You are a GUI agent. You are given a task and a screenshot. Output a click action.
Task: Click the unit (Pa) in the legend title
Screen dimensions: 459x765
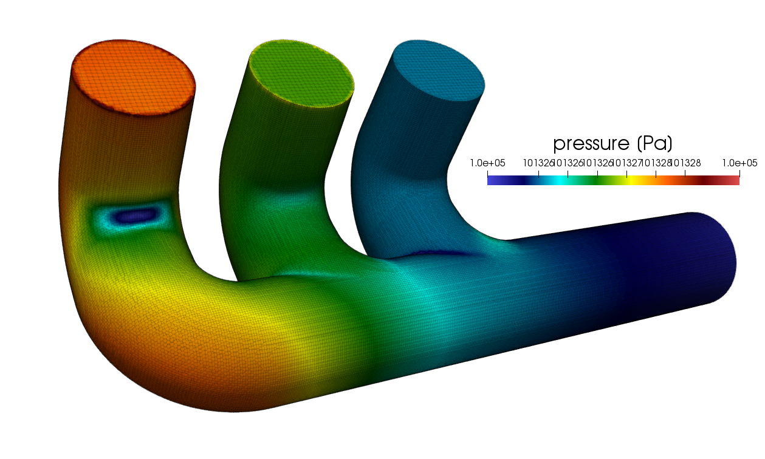pos(654,144)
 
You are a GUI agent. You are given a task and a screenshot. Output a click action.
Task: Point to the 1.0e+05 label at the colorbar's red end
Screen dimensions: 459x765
pos(739,163)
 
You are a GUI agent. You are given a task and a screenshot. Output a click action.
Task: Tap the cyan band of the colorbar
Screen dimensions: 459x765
pos(562,178)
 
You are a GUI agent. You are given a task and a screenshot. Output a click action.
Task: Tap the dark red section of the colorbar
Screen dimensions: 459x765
pos(705,178)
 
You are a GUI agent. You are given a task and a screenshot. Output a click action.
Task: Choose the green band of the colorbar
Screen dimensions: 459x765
pos(599,178)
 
